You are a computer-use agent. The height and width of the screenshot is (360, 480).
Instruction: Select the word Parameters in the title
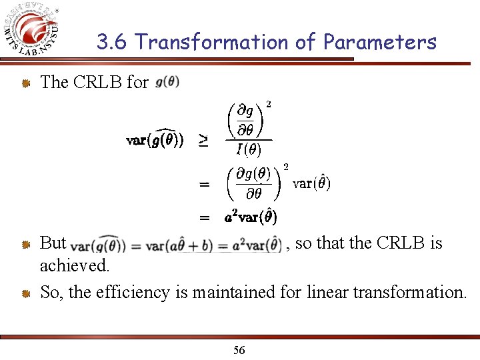coord(379,43)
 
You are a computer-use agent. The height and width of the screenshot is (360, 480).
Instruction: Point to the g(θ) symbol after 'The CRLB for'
coord(167,83)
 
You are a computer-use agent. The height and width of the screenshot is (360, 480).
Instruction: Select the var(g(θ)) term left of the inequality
coord(155,140)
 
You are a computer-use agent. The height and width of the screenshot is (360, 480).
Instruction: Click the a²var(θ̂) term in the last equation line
coord(251,217)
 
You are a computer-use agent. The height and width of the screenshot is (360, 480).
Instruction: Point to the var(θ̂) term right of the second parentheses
coord(312,183)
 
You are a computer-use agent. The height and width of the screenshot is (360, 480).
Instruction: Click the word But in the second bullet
coord(53,243)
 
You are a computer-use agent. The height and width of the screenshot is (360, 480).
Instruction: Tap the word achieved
coord(75,266)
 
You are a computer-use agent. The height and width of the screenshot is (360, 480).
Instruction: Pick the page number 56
coord(239,351)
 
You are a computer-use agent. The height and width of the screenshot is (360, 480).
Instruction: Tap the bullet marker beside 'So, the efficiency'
coord(25,293)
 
